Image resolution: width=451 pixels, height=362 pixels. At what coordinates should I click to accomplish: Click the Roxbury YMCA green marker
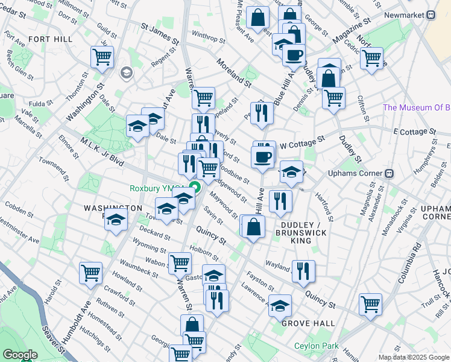click(195, 188)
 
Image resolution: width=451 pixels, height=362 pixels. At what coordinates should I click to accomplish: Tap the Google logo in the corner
click(20, 355)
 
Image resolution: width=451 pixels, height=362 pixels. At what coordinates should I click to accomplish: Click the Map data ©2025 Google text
click(414, 357)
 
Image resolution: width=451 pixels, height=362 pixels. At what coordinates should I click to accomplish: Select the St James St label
click(160, 34)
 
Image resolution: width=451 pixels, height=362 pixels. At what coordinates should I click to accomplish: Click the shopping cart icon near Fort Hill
click(102, 57)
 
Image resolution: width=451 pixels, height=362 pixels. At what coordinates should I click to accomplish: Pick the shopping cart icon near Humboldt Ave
click(90, 272)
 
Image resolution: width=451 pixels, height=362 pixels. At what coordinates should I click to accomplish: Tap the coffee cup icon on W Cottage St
click(262, 157)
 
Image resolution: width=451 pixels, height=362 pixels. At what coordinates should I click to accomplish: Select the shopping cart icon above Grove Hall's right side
click(370, 303)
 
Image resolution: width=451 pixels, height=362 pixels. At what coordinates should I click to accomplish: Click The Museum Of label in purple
click(416, 108)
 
